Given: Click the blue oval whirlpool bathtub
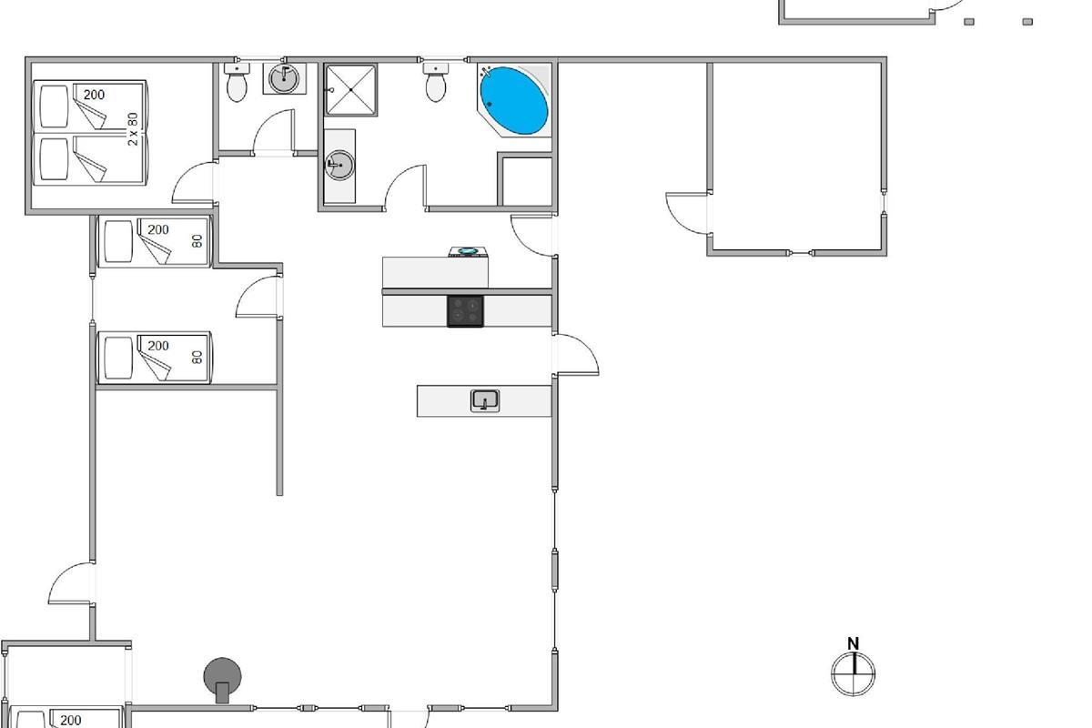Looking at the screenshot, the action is (514, 100).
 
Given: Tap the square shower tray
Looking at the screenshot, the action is (350, 90).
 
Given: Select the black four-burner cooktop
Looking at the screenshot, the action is (466, 311).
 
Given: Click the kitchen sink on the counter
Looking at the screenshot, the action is (484, 400).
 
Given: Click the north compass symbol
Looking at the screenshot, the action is (854, 674).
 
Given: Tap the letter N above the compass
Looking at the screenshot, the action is (854, 643).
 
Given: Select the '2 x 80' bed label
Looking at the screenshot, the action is (133, 129).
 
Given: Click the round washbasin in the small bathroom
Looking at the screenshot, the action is (284, 78).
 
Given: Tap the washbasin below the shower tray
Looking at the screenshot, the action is (339, 166).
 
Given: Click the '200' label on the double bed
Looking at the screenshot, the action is (94, 95).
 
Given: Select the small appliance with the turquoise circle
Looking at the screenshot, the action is (468, 251).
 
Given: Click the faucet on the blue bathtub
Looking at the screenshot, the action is (485, 73).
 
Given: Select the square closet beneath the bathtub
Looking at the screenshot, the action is (527, 181).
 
